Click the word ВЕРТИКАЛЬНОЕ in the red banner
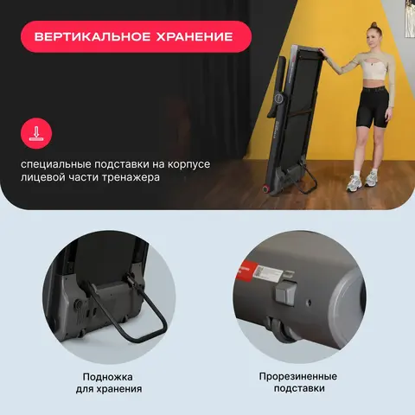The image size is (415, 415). tap(93, 37)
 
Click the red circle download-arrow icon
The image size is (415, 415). tap(36, 133)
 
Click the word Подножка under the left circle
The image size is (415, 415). tap(108, 377)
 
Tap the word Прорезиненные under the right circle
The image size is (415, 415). tap(298, 376)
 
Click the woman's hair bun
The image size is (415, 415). tap(373, 24)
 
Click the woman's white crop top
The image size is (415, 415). tap(373, 70)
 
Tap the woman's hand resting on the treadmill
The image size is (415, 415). tap(322, 53)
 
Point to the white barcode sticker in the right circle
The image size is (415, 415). tap(268, 272)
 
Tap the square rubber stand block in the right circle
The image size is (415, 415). tap(286, 291)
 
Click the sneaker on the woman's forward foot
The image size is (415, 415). tap(354, 183)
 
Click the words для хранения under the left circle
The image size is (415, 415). tap(109, 389)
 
